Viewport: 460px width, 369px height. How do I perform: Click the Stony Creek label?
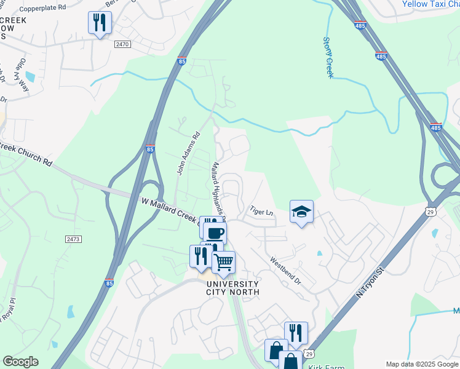[x=328, y=57]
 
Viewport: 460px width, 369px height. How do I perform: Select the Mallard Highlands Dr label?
[x=218, y=189]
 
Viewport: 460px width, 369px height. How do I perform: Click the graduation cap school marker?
[x=301, y=212]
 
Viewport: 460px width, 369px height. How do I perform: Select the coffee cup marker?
[x=215, y=233]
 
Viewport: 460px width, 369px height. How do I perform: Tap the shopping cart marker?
[x=223, y=262]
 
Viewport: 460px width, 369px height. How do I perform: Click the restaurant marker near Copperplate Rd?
[x=99, y=23]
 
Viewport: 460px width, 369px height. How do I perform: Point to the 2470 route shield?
[x=122, y=44]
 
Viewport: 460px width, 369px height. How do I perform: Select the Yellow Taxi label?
[x=430, y=4]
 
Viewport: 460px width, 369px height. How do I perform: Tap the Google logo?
[x=20, y=362]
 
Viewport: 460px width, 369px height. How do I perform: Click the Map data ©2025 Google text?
[x=421, y=364]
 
